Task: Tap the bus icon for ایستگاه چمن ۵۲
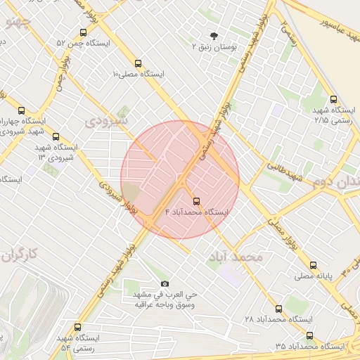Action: [84, 32]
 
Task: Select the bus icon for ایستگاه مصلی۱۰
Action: [138, 63]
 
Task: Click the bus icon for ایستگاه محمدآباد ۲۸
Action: [278, 309]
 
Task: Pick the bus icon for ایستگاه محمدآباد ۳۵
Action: [310, 335]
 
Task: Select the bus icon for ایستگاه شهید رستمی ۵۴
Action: [77, 327]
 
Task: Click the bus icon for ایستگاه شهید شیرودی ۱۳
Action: [56, 136]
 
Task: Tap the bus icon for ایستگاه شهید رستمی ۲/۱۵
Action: [333, 99]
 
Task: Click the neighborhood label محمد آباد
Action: [235, 257]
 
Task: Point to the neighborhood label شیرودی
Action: [107, 121]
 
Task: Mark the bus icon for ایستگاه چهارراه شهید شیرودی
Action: [21, 110]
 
